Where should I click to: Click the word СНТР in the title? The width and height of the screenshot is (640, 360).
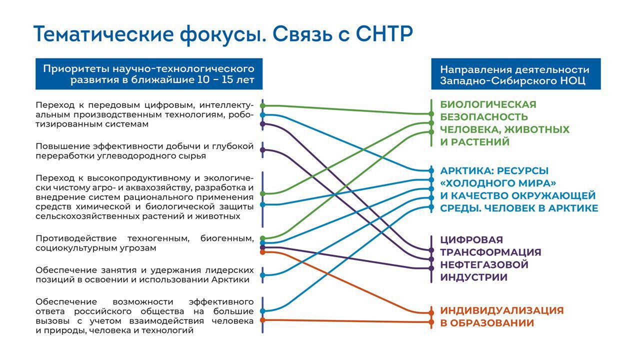point(384,34)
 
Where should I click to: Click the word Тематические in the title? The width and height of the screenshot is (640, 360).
point(103,34)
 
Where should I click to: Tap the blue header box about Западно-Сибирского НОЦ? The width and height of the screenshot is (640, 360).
point(515,74)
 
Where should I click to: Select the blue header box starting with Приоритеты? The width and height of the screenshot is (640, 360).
point(149,74)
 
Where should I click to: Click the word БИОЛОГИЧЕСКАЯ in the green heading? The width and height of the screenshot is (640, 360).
point(488,104)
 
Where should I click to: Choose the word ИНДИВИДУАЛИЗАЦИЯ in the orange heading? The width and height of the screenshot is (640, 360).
point(501,310)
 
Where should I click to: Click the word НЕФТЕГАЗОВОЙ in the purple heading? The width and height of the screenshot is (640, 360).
point(484,264)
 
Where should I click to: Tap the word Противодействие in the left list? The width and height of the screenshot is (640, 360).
point(76,238)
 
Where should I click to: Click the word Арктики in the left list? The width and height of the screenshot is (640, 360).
point(230,279)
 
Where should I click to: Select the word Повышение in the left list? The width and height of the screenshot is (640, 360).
point(62,146)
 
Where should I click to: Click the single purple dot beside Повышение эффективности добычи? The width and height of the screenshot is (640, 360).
point(262,149)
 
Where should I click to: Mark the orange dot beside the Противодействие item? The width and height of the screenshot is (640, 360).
point(262,252)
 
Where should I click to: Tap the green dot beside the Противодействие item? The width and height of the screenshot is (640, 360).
point(262,238)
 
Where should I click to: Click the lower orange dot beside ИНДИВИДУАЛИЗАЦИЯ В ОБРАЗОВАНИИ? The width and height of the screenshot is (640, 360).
point(431,322)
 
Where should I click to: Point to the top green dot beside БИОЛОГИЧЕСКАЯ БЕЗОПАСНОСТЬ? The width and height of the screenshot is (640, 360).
point(431,114)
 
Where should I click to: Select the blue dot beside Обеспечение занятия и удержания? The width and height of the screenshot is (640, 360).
point(262,275)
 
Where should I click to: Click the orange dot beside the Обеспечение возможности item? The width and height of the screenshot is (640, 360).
point(262,320)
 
